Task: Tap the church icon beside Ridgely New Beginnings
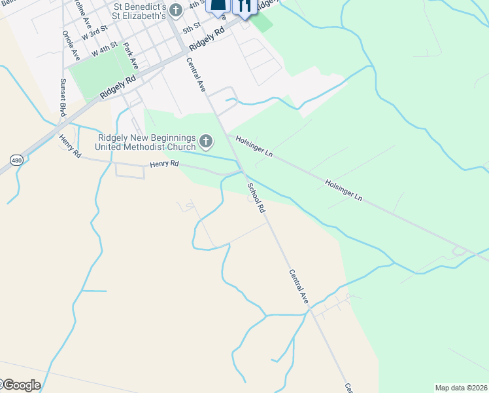[x=205, y=140]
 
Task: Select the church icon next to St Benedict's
[x=175, y=10]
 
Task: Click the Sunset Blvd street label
[x=63, y=98]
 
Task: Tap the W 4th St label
[x=104, y=48]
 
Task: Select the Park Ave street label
[x=131, y=57]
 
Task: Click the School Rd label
[x=256, y=197]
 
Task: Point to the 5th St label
[x=191, y=29]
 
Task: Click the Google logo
[x=20, y=385]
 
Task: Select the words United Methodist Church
[x=145, y=147]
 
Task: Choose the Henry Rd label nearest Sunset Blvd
[x=69, y=146]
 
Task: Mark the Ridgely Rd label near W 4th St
[x=118, y=86]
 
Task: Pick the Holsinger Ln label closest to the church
[x=254, y=146]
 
